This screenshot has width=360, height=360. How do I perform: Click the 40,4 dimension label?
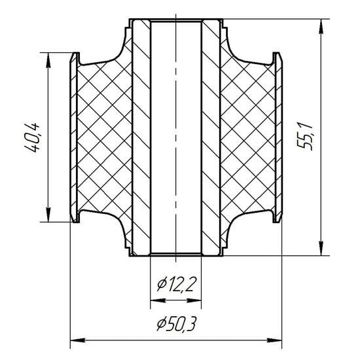[x=32, y=137]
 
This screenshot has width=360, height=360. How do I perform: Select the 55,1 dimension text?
[x=304, y=137]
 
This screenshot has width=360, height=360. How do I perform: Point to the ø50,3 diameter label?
[x=176, y=324]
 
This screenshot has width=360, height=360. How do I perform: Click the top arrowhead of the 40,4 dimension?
[x=48, y=61]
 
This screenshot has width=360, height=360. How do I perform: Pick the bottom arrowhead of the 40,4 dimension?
[x=48, y=214]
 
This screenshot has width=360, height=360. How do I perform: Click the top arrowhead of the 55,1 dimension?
[x=321, y=27]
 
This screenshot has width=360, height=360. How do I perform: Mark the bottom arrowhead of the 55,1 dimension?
[x=321, y=247]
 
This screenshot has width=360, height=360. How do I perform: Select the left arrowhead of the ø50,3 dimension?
[x=78, y=340]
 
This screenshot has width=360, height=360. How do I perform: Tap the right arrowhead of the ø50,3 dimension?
[x=274, y=340]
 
